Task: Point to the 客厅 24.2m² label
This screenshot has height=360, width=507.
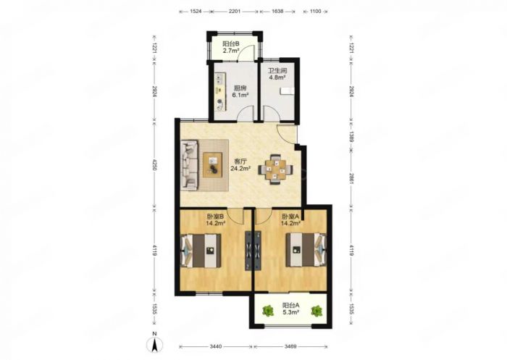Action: [x=240, y=164]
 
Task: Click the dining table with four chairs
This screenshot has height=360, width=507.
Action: [x=275, y=169]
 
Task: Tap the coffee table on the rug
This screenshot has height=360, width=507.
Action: [x=212, y=165]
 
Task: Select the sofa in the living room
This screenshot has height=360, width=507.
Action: [x=190, y=165]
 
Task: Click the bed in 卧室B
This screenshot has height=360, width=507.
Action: [x=201, y=251]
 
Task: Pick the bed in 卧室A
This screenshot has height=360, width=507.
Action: [x=306, y=250]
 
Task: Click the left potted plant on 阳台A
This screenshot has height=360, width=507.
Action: [x=268, y=311]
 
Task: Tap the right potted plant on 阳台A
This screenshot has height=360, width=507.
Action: [x=317, y=311]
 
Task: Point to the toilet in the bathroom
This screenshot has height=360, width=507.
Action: [x=287, y=91]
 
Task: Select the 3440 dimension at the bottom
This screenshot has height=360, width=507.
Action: [x=216, y=346]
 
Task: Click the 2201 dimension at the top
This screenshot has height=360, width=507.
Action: [x=235, y=11]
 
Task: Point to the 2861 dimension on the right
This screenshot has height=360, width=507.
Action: [x=351, y=178]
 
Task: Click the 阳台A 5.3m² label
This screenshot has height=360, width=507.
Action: [x=290, y=309]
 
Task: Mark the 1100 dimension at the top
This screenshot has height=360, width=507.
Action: [x=315, y=11]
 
